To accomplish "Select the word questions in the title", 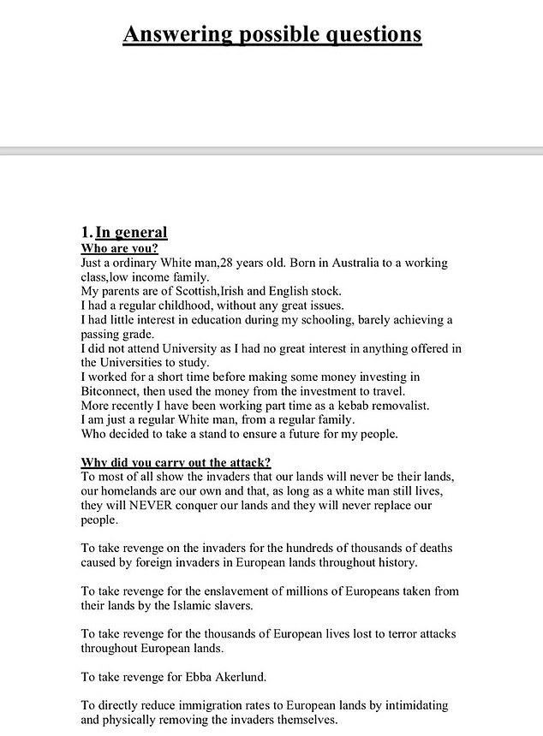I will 371,34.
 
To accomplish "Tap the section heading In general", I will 131,232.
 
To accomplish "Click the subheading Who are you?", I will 119,248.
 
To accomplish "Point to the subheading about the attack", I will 176,462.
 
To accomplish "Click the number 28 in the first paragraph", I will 228,263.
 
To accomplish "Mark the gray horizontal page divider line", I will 271,151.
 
